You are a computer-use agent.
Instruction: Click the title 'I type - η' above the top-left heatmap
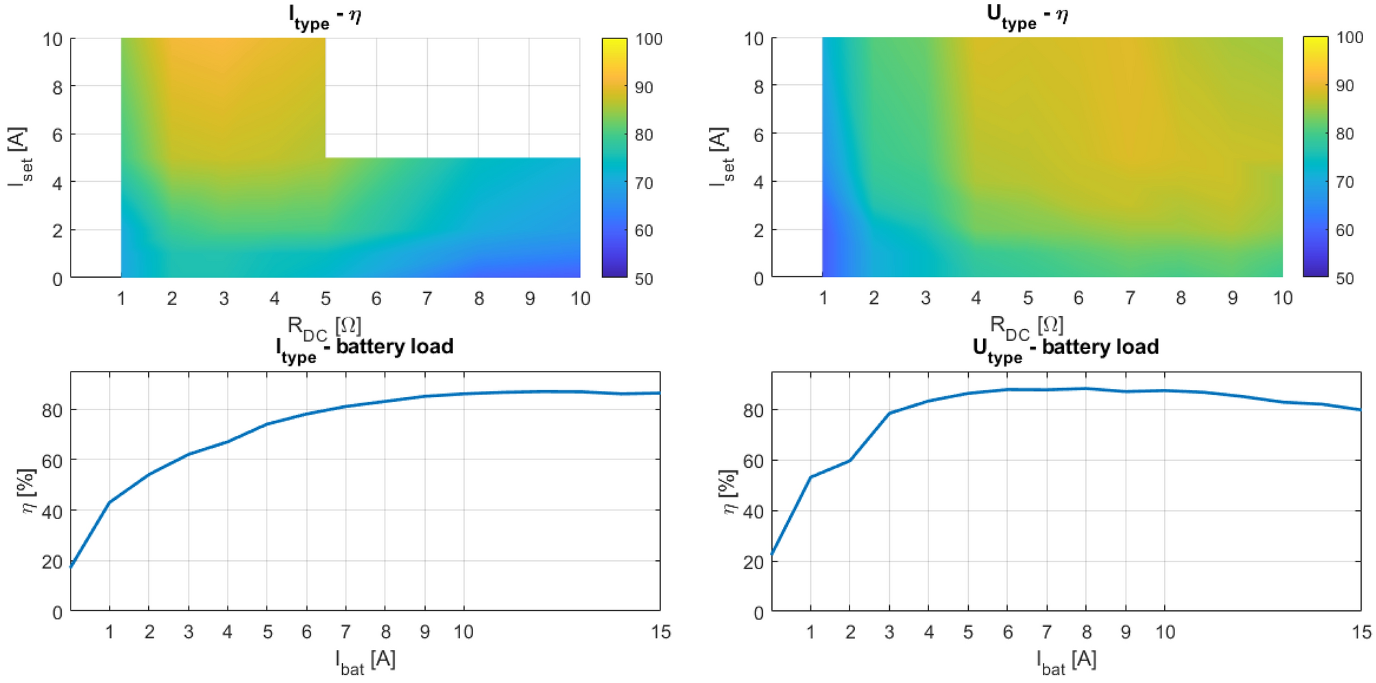(x=325, y=16)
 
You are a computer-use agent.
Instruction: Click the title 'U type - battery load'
(x=1065, y=348)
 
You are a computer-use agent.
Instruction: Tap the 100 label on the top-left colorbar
(x=649, y=39)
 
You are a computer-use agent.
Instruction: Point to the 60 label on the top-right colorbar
(x=1344, y=230)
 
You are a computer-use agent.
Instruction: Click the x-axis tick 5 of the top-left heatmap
(x=326, y=298)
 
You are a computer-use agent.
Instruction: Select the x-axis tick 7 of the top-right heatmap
(x=1130, y=298)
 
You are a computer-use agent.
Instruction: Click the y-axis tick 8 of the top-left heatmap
(x=57, y=87)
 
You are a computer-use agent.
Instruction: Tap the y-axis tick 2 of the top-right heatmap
(x=758, y=230)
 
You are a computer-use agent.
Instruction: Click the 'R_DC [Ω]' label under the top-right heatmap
(x=1026, y=326)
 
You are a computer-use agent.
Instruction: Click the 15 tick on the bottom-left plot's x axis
(x=660, y=632)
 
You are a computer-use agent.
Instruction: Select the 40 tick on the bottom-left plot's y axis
(x=52, y=512)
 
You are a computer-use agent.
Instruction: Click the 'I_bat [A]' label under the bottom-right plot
(x=1066, y=661)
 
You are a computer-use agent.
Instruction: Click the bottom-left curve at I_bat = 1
(x=110, y=502)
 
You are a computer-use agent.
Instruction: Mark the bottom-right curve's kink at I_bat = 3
(x=889, y=413)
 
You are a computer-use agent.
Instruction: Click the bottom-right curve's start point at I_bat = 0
(x=773, y=553)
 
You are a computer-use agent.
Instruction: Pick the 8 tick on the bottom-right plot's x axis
(x=1086, y=632)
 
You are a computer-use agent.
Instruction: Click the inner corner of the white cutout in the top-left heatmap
(x=326, y=158)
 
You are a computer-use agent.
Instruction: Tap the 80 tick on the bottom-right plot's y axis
(x=753, y=410)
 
